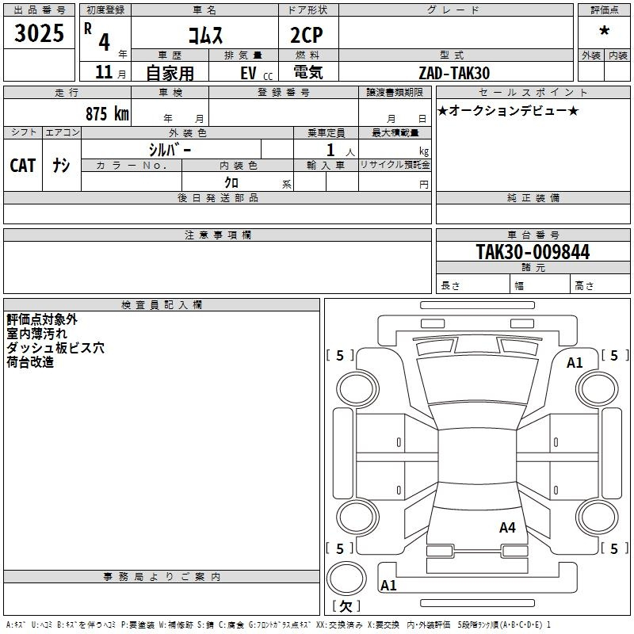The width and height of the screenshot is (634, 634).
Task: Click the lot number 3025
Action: pos(40,33)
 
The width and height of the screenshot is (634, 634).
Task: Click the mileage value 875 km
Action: pos(107,113)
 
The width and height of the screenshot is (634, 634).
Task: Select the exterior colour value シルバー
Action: pos(170,149)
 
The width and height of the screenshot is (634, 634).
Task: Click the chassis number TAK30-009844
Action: pos(533,252)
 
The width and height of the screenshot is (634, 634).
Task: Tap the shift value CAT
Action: pos(23,165)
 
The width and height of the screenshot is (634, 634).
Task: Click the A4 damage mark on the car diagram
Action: pos(507,528)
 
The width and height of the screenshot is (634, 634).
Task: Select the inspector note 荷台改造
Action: pos(30,362)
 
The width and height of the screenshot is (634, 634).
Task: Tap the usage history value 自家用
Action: pos(169,73)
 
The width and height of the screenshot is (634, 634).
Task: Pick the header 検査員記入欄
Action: pos(162,304)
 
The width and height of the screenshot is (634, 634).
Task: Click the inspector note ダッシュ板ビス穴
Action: pos(55,348)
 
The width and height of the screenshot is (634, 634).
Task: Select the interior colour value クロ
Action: pos(232,181)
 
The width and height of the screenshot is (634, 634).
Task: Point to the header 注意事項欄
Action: pos(217,235)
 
